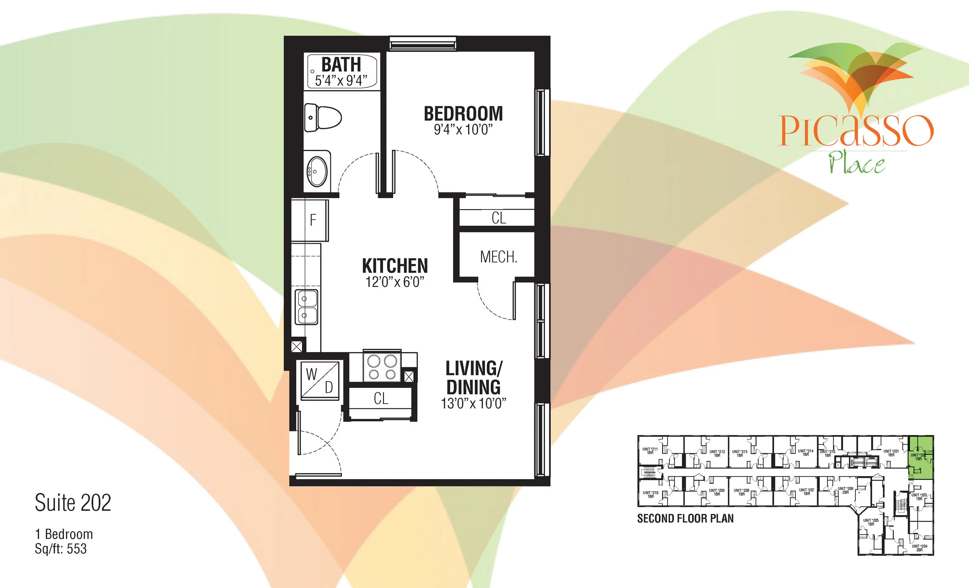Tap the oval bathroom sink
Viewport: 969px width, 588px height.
pyautogui.click(x=317, y=172)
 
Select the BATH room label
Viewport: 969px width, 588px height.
pyautogui.click(x=341, y=64)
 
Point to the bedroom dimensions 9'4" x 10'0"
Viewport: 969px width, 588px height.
pyautogui.click(x=463, y=129)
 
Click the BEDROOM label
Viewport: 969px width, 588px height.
pyautogui.click(x=463, y=113)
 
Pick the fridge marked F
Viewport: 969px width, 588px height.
pyautogui.click(x=313, y=220)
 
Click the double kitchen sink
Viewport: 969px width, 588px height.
pyautogui.click(x=307, y=307)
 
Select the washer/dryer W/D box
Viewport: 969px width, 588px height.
pyautogui.click(x=320, y=380)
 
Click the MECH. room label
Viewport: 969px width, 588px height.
pyautogui.click(x=498, y=257)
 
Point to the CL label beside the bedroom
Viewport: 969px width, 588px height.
pyautogui.click(x=499, y=218)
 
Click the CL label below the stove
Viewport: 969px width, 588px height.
pyautogui.click(x=381, y=399)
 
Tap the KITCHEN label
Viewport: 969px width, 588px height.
pyautogui.click(x=395, y=266)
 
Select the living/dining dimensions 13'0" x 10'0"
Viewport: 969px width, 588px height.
pyautogui.click(x=473, y=404)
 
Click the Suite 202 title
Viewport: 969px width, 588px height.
pyautogui.click(x=73, y=503)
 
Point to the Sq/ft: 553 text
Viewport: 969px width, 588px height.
pyautogui.click(x=60, y=549)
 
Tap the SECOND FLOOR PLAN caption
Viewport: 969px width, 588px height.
pyautogui.click(x=685, y=519)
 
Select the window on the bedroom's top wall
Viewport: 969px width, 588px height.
pyautogui.click(x=423, y=44)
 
